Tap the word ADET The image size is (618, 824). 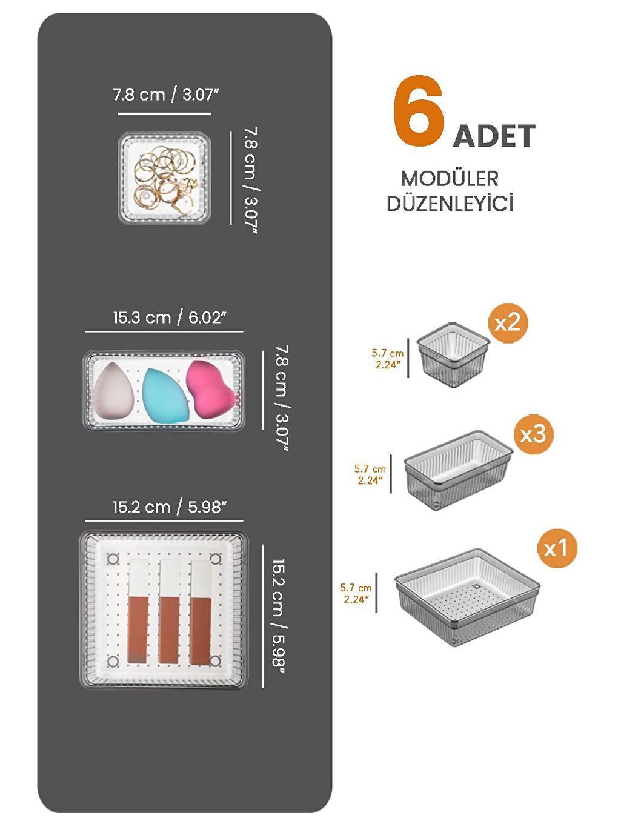(494, 136)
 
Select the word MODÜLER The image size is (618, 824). (450, 179)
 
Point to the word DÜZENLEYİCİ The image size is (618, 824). (450, 204)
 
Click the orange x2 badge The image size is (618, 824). (508, 323)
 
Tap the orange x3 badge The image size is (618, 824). (533, 434)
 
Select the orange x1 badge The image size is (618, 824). (557, 548)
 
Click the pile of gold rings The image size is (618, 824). (165, 176)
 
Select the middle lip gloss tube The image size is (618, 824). (169, 612)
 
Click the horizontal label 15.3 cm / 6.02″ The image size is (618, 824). (169, 317)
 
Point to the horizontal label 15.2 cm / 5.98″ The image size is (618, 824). (169, 507)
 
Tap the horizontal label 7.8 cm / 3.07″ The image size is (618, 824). (165, 95)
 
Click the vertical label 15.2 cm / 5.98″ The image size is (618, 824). (278, 616)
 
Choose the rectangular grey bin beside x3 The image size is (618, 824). (458, 469)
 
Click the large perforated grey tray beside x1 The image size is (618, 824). (467, 597)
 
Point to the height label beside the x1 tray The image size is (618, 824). (356, 594)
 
